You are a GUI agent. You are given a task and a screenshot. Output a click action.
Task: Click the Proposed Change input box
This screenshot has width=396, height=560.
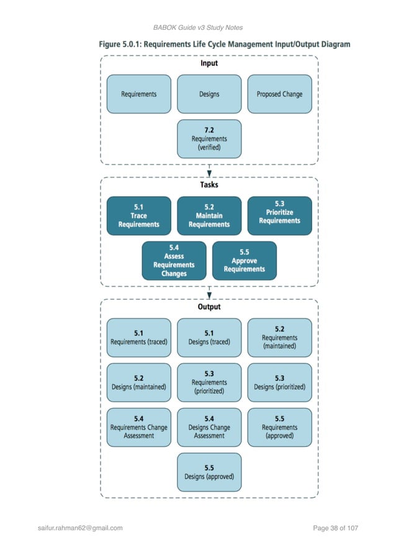[x=279, y=94]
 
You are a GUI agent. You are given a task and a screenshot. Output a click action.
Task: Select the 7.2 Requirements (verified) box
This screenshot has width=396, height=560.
[x=209, y=139]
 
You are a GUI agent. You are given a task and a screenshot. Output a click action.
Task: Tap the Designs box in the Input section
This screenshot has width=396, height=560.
[x=209, y=94]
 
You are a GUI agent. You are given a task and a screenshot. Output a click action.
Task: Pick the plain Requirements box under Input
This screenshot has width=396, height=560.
[x=138, y=94]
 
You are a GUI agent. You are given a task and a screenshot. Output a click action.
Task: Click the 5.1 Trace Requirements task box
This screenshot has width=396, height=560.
[x=138, y=216]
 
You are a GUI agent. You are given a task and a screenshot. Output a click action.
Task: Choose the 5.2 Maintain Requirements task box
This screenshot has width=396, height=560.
[x=209, y=216]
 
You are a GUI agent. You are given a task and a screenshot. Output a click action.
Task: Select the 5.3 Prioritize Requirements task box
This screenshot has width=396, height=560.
[x=279, y=216]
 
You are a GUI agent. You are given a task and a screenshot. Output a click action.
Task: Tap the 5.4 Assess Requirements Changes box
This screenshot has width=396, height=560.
[x=174, y=261]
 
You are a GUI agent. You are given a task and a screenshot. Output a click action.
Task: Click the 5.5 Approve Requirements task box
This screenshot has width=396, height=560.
[x=244, y=261]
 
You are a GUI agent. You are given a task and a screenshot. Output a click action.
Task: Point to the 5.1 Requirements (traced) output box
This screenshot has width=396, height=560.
[x=138, y=338]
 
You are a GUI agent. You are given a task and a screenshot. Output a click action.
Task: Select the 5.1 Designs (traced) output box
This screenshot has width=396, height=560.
[x=209, y=338]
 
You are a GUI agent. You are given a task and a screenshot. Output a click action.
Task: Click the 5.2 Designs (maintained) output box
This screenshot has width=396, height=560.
[x=138, y=382]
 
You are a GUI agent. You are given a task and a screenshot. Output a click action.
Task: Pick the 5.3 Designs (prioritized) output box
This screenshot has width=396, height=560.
[x=279, y=382]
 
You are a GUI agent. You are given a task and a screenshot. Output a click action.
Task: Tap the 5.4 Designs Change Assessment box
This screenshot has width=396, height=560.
[x=209, y=427]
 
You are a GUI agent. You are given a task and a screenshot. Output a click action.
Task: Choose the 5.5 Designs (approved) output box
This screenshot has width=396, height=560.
[x=209, y=472]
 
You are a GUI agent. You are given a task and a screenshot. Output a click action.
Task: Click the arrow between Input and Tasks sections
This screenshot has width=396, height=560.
[x=209, y=171]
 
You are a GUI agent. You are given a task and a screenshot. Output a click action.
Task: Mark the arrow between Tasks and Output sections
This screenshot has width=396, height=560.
[x=209, y=292]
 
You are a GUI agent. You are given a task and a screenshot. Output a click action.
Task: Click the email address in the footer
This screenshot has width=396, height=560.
[x=80, y=528]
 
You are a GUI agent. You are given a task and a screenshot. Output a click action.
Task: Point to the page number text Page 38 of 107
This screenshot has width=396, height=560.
[x=336, y=528]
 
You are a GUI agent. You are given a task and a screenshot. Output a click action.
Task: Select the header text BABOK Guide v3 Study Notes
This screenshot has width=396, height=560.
[x=197, y=27]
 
